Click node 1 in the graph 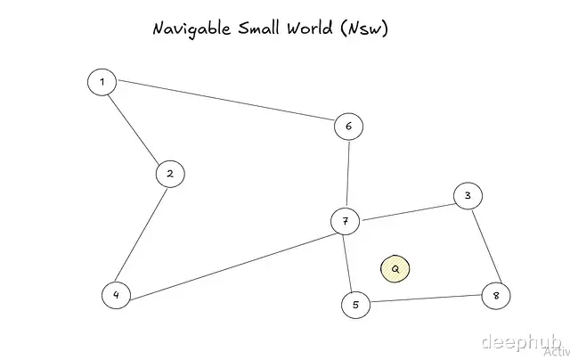pos(102,83)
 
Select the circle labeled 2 pos(169,174)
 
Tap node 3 pos(468,196)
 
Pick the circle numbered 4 pos(116,295)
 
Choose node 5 pos(355,305)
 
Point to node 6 pos(348,127)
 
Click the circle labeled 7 pos(345,221)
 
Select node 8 pos(496,295)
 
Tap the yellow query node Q pos(395,268)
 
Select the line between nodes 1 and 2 pos(134,127)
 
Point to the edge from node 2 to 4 pos(143,233)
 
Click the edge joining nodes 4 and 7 pos(230,258)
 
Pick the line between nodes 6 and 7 pos(347,174)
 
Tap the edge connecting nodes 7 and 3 pos(406,209)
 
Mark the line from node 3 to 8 pos(482,245)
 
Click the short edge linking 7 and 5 pos(349,263)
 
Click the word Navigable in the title pos(191,29)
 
